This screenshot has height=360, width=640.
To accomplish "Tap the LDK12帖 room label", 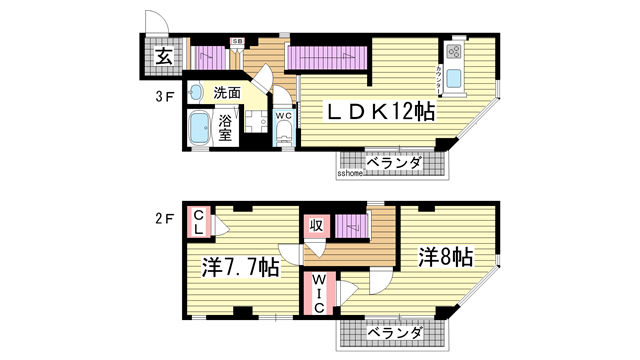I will click(x=369, y=112).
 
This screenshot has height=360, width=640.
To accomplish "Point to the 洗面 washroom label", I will click(x=227, y=93).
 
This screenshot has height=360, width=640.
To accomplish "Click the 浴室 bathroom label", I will click(x=225, y=128).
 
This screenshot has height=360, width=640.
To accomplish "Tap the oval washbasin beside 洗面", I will click(x=196, y=90).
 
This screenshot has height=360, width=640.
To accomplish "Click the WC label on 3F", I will click(x=283, y=116).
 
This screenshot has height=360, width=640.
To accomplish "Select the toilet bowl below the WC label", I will click(x=284, y=137).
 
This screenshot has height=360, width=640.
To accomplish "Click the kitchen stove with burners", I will click(x=454, y=50).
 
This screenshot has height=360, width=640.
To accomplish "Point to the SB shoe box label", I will click(x=237, y=41).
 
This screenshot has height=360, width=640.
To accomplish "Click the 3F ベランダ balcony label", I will click(x=393, y=162).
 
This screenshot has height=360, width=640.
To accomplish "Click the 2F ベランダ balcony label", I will click(x=393, y=331).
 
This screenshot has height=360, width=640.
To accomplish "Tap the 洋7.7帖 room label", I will click(x=240, y=268).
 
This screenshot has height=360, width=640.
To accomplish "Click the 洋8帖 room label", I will click(x=444, y=257).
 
